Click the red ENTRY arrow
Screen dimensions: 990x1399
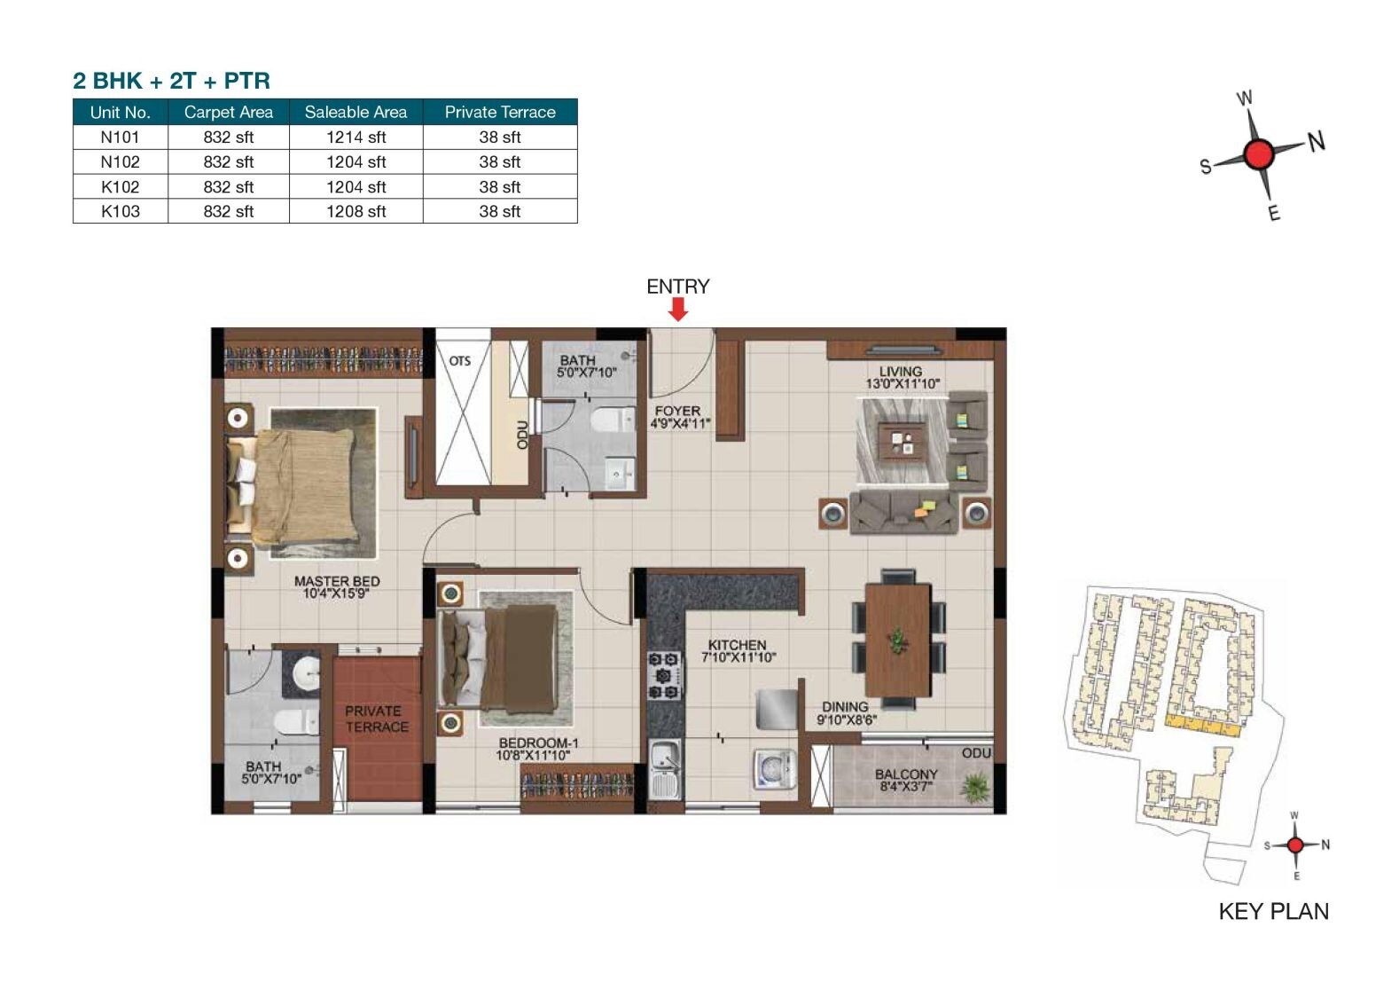(678, 309)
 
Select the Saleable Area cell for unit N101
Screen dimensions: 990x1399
(356, 137)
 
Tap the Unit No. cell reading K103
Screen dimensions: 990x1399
(120, 211)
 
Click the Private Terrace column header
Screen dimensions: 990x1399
(500, 112)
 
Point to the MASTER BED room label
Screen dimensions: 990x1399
(337, 586)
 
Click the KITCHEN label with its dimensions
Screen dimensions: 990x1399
(738, 651)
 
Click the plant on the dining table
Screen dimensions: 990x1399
(899, 640)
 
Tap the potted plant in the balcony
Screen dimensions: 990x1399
(975, 786)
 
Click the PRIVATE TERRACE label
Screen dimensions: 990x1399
(377, 719)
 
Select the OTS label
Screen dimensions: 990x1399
(459, 361)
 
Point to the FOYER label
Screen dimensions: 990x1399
(678, 417)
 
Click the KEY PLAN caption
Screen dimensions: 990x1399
(1273, 911)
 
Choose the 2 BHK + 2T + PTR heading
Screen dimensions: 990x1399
(171, 81)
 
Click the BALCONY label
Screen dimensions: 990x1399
(905, 780)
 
